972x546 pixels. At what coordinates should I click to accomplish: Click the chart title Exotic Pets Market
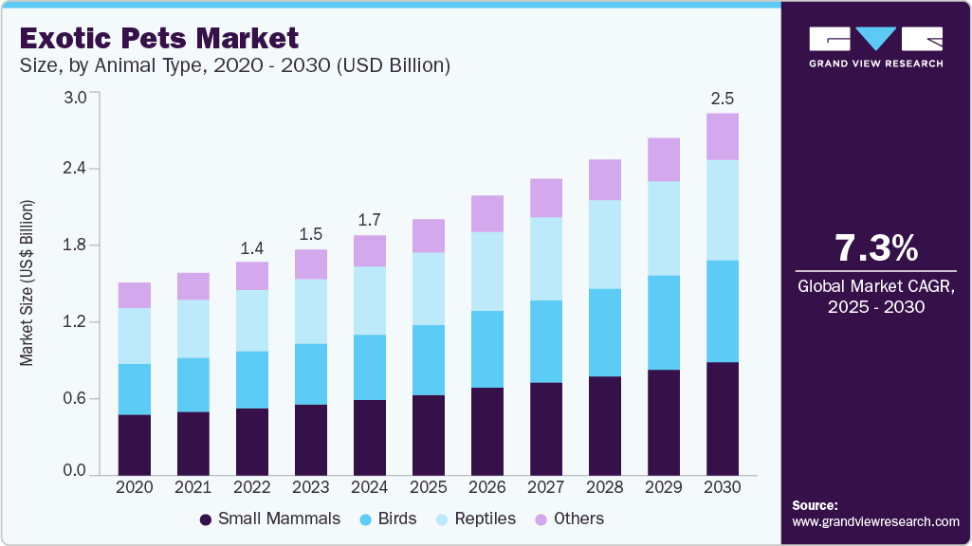(x=158, y=39)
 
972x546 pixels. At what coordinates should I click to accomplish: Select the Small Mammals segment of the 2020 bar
(x=135, y=444)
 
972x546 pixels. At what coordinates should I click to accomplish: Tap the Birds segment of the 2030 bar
(x=723, y=311)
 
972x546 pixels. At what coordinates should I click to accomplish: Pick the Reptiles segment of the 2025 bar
(x=429, y=288)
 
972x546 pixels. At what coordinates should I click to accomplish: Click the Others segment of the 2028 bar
(x=605, y=179)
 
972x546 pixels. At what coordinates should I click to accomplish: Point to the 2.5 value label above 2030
(x=723, y=99)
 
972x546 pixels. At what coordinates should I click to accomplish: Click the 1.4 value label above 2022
(x=252, y=247)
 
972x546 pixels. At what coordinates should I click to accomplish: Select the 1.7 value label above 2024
(x=370, y=221)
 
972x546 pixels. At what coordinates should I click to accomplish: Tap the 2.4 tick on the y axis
(x=75, y=169)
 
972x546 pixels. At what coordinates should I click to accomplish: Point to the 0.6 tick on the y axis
(x=75, y=398)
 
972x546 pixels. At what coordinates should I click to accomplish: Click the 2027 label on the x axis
(x=546, y=486)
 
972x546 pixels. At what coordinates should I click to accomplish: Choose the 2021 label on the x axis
(x=193, y=486)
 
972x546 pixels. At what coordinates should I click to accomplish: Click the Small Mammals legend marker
(x=206, y=519)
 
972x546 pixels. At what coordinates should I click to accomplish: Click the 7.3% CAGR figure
(x=875, y=248)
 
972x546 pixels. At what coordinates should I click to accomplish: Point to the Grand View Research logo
(x=875, y=46)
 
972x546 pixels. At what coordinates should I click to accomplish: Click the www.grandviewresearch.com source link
(x=875, y=521)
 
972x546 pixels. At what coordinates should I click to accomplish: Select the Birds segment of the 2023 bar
(x=311, y=373)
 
